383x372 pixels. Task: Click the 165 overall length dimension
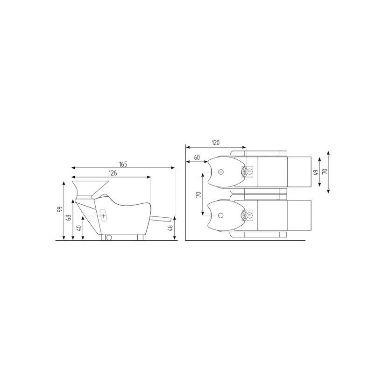(123, 164)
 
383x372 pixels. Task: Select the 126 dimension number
(113, 173)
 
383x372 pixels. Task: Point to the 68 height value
(70, 217)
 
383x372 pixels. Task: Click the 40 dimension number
(79, 228)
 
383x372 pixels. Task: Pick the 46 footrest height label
(171, 228)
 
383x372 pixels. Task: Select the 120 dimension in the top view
(215, 143)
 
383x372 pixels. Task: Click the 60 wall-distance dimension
(197, 157)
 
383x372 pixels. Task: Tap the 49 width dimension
(316, 172)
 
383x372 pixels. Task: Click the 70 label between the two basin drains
(199, 194)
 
